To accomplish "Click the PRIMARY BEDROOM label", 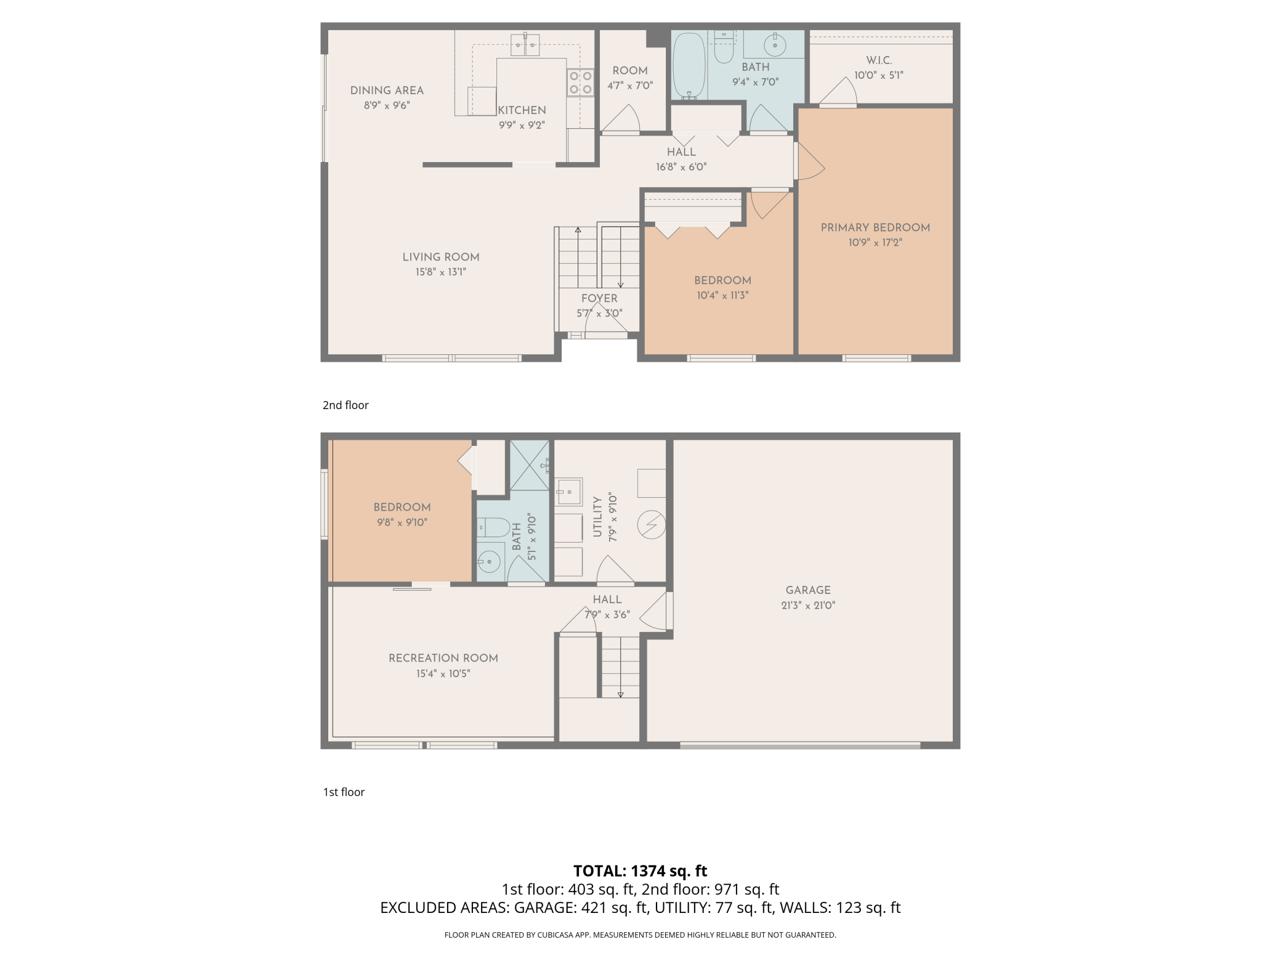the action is [875, 227].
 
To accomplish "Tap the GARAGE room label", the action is [808, 590].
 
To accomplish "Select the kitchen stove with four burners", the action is [580, 83].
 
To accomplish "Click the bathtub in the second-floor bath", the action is [689, 65].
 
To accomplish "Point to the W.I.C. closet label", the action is [879, 60].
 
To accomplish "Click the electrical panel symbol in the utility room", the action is [652, 525].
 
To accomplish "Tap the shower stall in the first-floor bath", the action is [530, 465].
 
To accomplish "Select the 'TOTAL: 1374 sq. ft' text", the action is [640, 870].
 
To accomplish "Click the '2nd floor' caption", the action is [346, 405].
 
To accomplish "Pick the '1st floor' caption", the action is [344, 792].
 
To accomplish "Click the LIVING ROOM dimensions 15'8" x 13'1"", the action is [441, 272].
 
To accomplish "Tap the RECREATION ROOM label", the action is [443, 658].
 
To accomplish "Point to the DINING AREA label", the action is [387, 91].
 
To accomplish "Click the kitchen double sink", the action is [525, 44].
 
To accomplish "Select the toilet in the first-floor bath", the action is [494, 527].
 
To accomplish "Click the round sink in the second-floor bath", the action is [774, 44].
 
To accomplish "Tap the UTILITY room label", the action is [597, 517].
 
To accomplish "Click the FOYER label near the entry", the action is [599, 298].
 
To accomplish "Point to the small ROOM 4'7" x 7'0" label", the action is [630, 71].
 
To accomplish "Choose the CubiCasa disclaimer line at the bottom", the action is [640, 935].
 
